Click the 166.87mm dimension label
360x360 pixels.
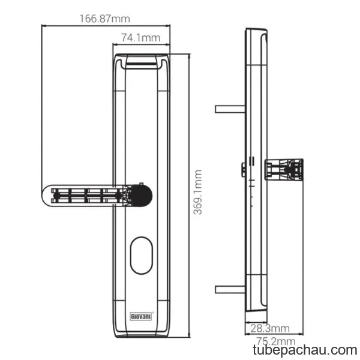(x=104, y=19)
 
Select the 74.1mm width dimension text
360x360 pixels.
(x=140, y=38)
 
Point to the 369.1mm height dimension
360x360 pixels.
(x=197, y=192)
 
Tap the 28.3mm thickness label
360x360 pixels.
(x=270, y=328)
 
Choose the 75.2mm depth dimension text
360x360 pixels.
(x=275, y=341)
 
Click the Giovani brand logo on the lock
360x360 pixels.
(x=141, y=316)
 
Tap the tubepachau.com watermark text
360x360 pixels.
(x=305, y=350)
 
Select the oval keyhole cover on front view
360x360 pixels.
(x=142, y=256)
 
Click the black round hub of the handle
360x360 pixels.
(x=140, y=196)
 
